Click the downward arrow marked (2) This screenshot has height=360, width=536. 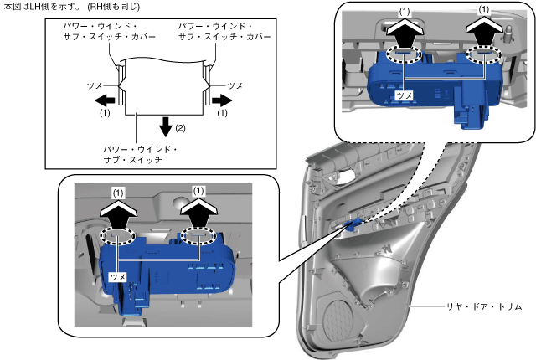(167, 126)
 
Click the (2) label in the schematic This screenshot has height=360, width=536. (179, 128)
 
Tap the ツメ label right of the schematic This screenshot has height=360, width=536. (235, 85)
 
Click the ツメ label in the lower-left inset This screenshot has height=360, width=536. (118, 275)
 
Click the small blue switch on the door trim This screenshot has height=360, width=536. (353, 222)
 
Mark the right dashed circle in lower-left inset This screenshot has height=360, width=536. (198, 238)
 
